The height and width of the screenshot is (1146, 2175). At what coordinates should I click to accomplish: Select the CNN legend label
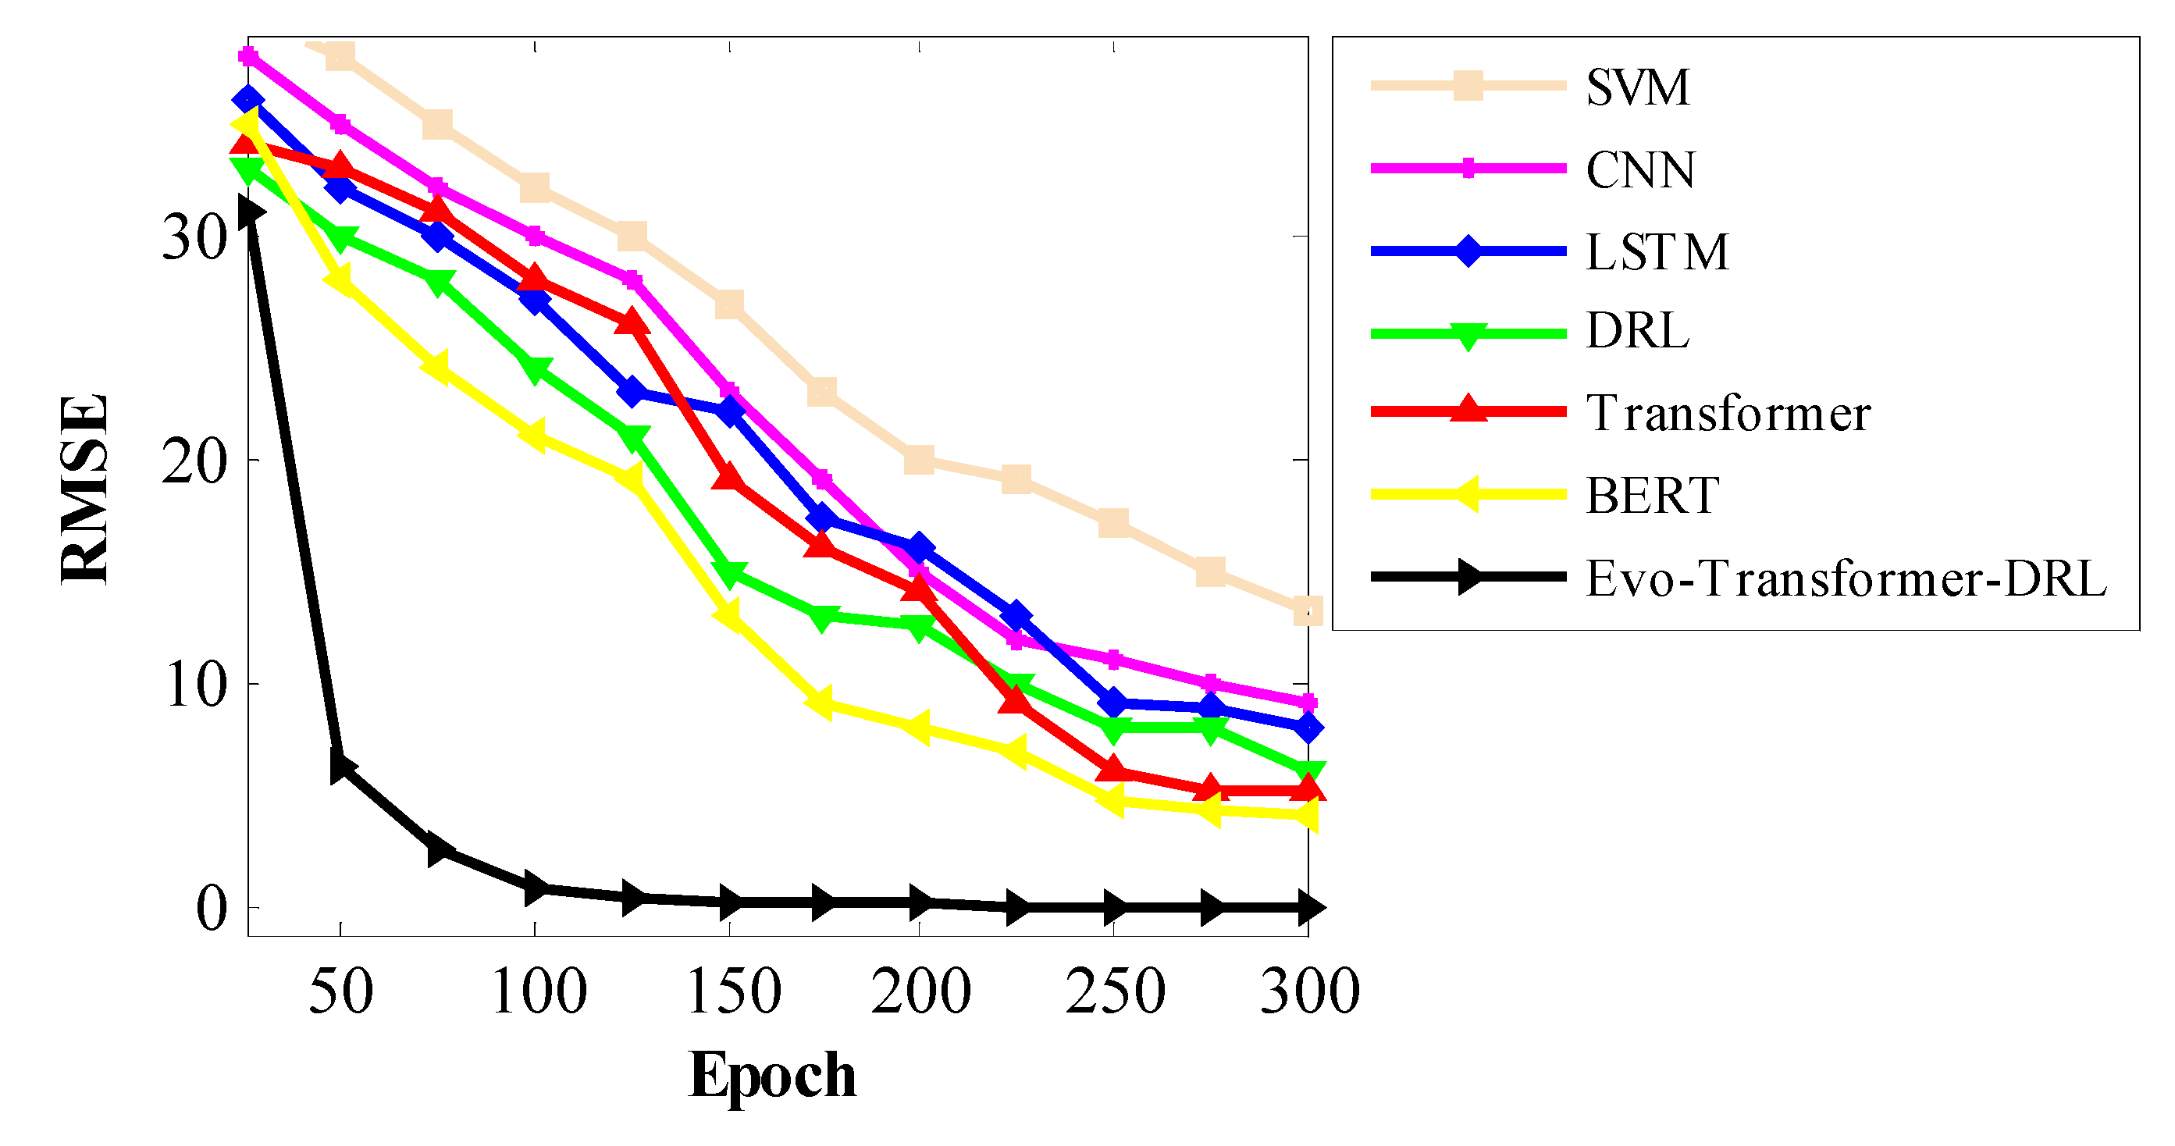(1639, 169)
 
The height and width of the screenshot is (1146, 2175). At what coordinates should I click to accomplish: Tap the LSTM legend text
(1657, 251)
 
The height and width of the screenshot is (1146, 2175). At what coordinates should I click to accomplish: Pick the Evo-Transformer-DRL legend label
(1846, 578)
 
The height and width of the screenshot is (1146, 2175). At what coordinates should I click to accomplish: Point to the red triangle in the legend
(1468, 410)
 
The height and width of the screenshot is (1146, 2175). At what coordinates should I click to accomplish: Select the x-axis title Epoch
(772, 1076)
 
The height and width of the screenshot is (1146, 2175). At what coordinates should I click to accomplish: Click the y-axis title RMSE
(85, 489)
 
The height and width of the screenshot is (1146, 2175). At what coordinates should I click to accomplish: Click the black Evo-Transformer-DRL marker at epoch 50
(341, 766)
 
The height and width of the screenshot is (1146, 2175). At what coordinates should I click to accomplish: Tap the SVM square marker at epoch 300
(1307, 610)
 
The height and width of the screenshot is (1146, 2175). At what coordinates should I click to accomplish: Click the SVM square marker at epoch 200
(919, 461)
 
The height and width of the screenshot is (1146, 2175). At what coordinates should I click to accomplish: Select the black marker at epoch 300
(1308, 908)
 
